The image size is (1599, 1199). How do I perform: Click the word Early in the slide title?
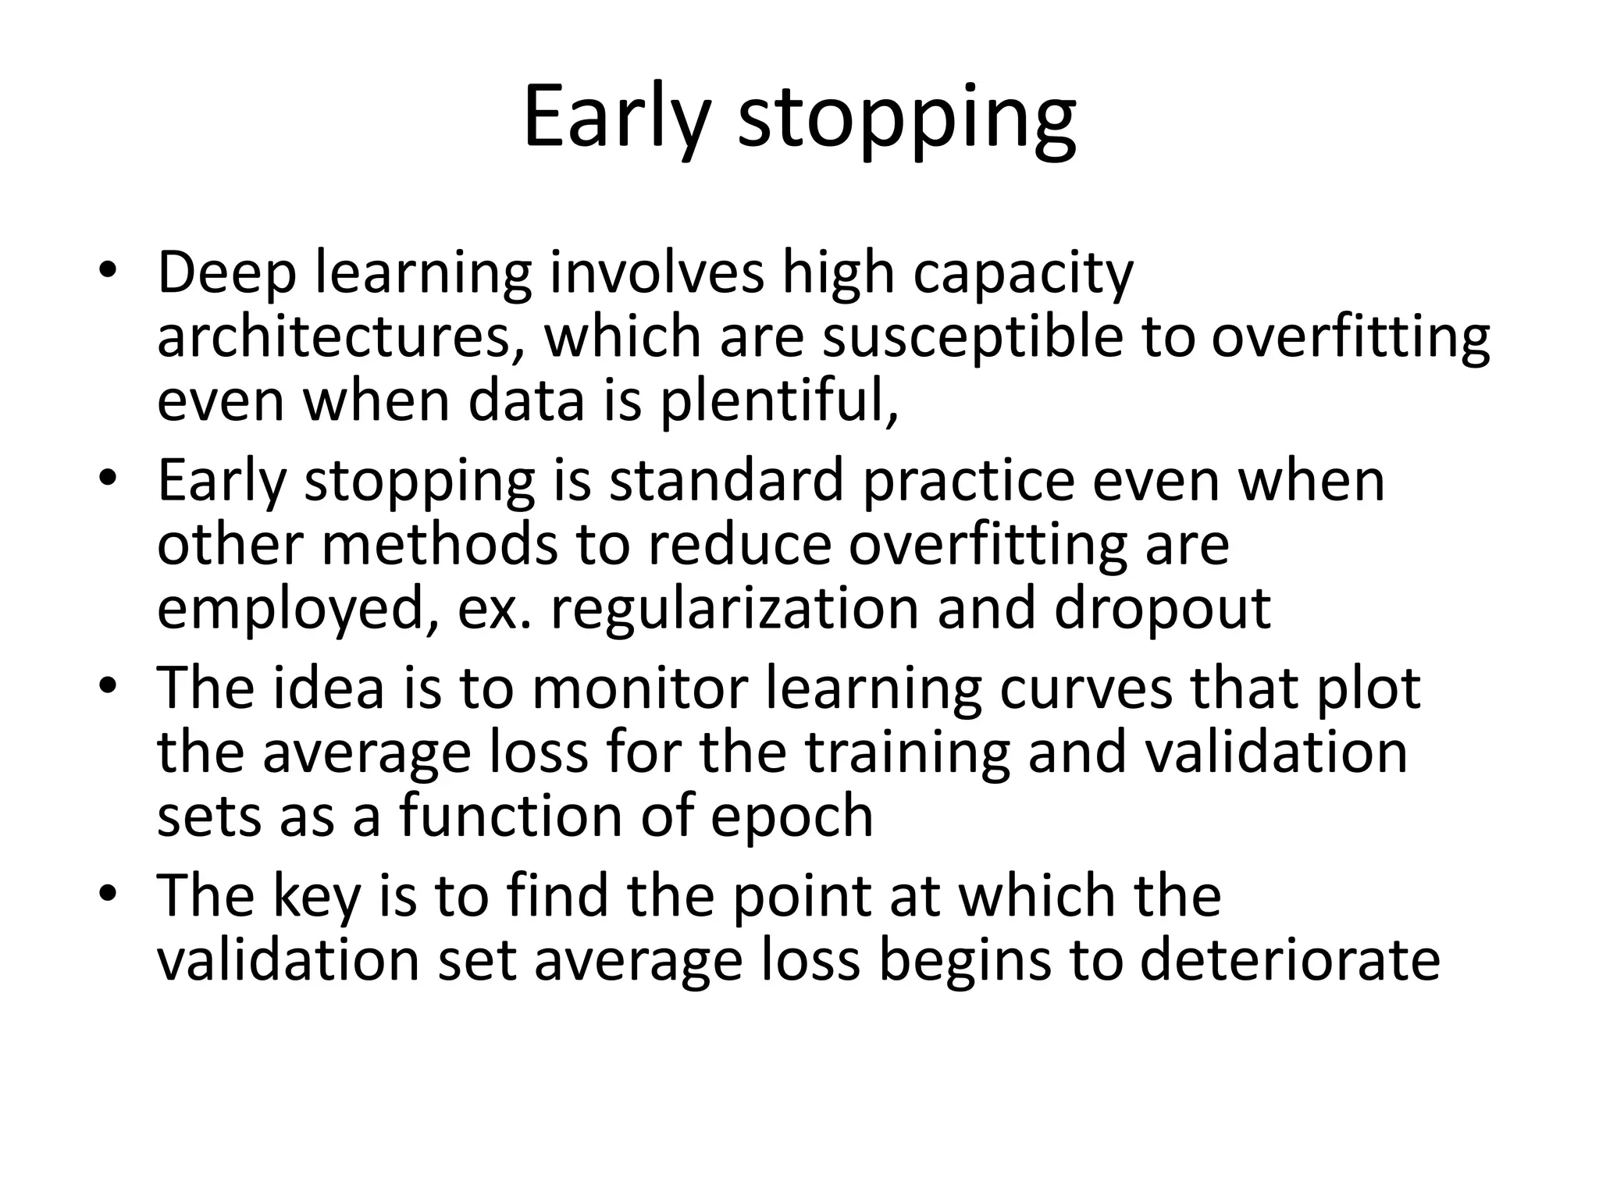click(x=617, y=117)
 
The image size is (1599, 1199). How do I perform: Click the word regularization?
click(x=735, y=609)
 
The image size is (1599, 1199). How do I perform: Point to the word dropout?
click(x=1163, y=609)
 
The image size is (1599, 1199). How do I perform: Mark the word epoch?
click(x=792, y=817)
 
